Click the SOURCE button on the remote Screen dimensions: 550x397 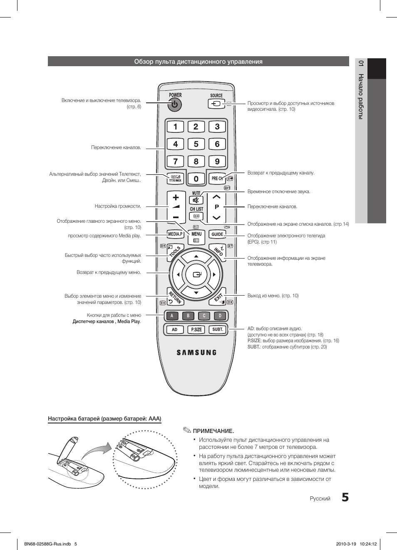(x=216, y=103)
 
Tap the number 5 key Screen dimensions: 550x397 (x=196, y=144)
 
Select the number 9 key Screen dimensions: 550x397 (x=217, y=162)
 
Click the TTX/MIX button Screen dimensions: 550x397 (x=175, y=179)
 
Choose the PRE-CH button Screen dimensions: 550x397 (x=217, y=179)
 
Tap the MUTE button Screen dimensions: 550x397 (x=196, y=200)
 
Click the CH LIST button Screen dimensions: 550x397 (x=196, y=216)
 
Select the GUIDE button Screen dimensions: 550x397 (x=217, y=234)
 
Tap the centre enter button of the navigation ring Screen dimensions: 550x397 (x=196, y=274)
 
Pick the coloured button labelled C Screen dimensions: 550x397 (x=204, y=316)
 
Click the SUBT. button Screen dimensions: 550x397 (x=218, y=329)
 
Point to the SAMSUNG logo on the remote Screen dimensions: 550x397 (x=196, y=352)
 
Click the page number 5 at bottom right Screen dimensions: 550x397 (x=345, y=498)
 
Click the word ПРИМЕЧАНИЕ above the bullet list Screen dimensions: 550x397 (x=213, y=431)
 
